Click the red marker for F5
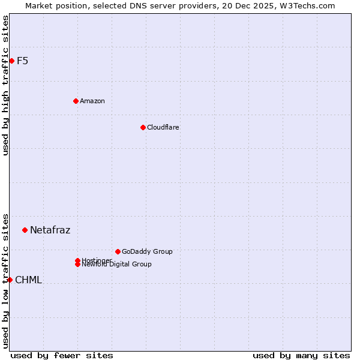11,61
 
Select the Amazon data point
76,101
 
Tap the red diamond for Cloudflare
143,127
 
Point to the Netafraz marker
25,230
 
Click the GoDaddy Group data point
118,251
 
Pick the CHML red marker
10,280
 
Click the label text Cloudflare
163,127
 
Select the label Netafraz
50,230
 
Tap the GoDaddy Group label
147,251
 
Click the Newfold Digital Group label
116,265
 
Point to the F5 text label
22,61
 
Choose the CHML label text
28,280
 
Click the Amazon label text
92,101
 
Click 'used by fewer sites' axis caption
62,355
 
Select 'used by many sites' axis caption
301,355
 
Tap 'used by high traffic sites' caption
5,85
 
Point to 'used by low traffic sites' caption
5,280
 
